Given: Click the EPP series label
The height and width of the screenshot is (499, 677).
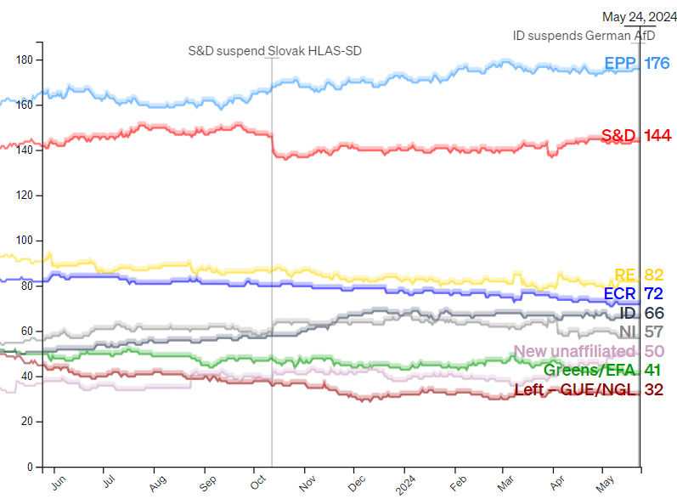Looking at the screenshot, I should coord(621,63).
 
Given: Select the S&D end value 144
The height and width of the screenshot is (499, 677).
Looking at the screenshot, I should coord(657,135).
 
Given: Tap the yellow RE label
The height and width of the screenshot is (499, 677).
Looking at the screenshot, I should coord(625,275).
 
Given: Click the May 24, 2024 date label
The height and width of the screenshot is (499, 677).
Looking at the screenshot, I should coord(634,17).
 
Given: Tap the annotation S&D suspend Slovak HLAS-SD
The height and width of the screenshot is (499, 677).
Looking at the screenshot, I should coord(274,51).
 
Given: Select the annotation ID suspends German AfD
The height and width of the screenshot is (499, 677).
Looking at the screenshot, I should coord(584,36).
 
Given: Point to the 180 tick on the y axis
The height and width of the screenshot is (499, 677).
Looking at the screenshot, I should coord(25,60).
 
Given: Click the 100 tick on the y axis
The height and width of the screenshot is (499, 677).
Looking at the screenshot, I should coord(25,241).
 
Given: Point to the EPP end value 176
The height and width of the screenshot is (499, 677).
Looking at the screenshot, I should coord(657,63).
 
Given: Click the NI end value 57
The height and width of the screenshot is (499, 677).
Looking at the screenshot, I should coord(653,332).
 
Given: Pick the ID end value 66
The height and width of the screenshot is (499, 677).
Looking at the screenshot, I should coord(653,314).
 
